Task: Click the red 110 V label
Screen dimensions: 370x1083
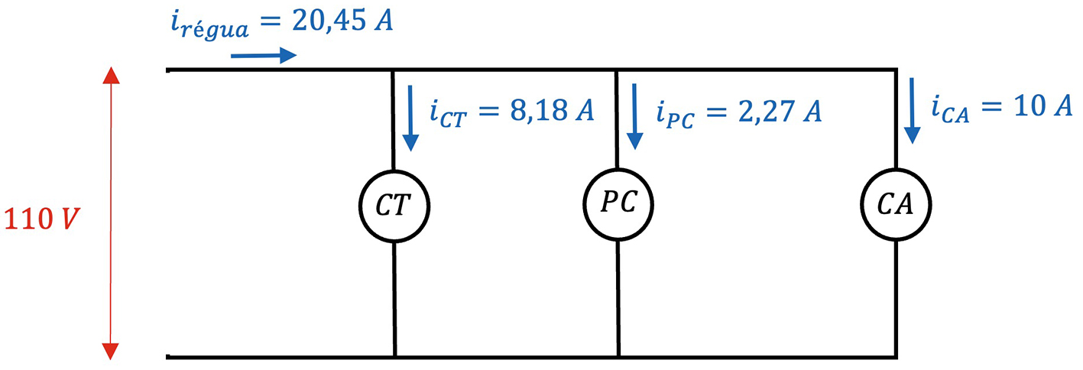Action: [x=43, y=219]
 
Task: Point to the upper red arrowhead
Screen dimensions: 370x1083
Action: [x=112, y=76]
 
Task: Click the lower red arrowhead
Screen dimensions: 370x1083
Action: [x=112, y=350]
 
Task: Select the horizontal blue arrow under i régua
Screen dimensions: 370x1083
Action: [x=263, y=55]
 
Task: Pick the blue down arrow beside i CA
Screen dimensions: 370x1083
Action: [x=912, y=111]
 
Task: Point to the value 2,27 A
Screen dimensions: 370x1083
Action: [x=773, y=112]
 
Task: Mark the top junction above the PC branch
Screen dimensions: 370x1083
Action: [x=617, y=70]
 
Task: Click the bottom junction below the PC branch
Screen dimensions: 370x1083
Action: [x=618, y=356]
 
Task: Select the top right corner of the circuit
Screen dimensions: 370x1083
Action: [x=896, y=70]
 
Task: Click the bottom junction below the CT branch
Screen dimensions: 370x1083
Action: [x=394, y=356]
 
